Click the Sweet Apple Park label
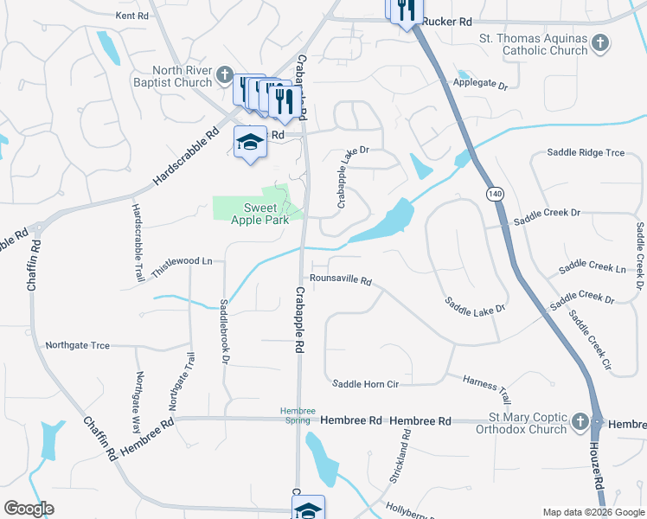tap(259, 214)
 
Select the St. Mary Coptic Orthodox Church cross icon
tap(580, 423)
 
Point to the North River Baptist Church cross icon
tap(224, 74)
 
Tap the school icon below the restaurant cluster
tap(250, 142)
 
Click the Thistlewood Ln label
tap(183, 260)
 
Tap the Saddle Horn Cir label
tap(366, 382)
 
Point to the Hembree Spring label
tap(297, 414)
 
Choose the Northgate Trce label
tap(78, 345)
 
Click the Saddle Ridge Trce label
tap(586, 153)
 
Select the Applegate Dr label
tap(479, 84)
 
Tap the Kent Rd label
tap(131, 16)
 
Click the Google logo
tap(29, 509)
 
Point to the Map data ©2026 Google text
tap(592, 512)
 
